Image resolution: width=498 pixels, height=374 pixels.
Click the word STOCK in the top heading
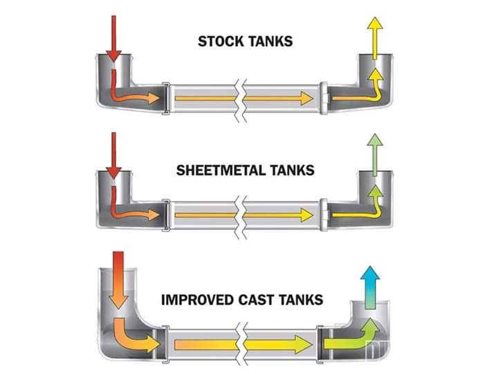(x=220, y=41)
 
